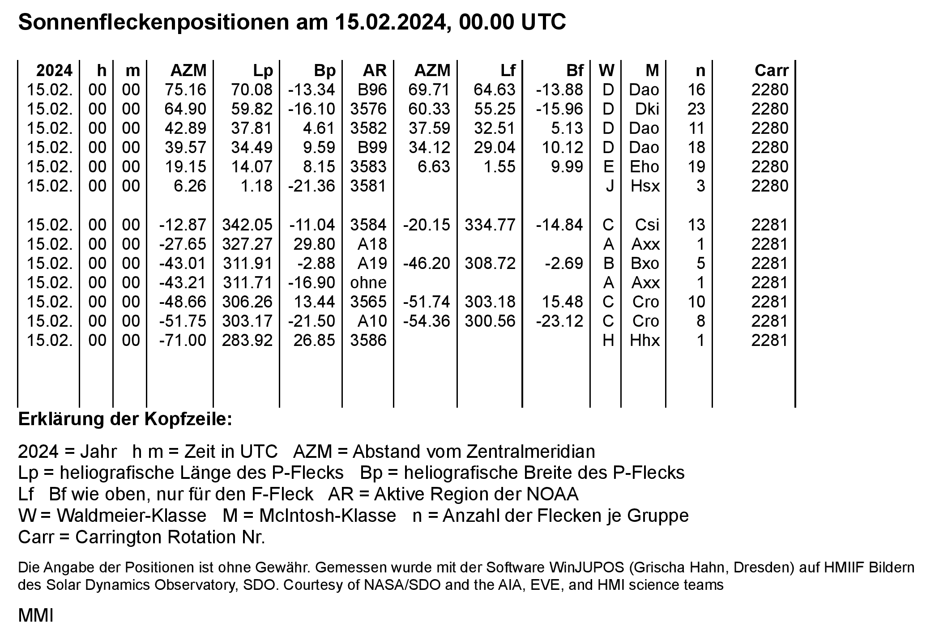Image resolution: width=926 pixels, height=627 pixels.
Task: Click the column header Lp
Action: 263,71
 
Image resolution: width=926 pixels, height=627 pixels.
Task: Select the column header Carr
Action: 771,71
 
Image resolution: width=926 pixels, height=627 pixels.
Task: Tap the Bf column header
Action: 575,71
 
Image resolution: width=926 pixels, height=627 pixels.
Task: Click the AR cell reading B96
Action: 372,90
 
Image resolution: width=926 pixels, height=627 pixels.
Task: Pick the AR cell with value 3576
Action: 368,109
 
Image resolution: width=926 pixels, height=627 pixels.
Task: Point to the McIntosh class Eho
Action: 644,167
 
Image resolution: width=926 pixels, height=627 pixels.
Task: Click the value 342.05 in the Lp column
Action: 247,225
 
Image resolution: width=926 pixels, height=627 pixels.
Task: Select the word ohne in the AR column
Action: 368,282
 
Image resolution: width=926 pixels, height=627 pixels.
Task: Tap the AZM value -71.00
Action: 183,340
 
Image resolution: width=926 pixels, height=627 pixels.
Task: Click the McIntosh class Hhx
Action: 644,340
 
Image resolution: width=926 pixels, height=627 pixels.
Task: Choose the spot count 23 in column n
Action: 696,109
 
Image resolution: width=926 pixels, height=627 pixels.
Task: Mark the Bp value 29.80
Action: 314,244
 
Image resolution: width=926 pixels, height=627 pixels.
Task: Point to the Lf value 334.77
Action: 490,225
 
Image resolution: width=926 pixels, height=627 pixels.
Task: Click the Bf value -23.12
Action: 559,321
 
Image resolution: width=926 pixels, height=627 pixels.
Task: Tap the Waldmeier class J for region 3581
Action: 609,186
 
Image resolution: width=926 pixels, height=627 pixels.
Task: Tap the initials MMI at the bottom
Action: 35,616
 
